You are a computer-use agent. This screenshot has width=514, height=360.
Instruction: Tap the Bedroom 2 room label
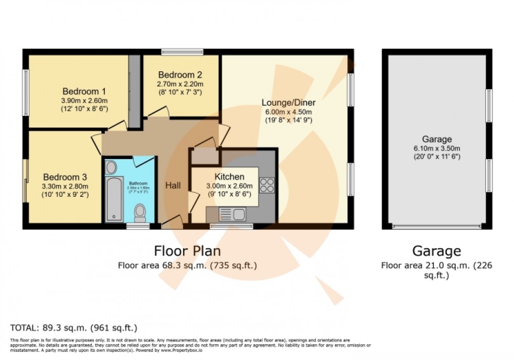pos(180,75)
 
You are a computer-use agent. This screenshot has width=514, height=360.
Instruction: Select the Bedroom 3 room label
pos(65,177)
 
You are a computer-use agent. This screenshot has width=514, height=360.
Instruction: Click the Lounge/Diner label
pos(287,102)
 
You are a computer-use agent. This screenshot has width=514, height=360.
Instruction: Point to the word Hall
pos(173,185)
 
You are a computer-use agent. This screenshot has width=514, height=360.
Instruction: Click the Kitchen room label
pos(229,176)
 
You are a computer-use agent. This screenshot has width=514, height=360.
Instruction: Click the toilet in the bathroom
pos(140,213)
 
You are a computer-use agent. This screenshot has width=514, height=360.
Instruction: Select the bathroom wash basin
pos(111,167)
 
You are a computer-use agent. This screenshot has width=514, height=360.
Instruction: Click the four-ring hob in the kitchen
pos(266,186)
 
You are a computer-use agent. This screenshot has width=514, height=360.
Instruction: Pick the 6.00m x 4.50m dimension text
pos(287,111)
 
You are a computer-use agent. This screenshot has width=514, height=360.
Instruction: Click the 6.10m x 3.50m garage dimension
pos(437,149)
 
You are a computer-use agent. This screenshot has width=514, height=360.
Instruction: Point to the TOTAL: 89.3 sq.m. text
pos(73,327)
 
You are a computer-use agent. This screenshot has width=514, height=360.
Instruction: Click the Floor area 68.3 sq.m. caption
pos(187,266)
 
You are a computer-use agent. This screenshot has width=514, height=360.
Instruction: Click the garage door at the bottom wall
pos(436,227)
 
